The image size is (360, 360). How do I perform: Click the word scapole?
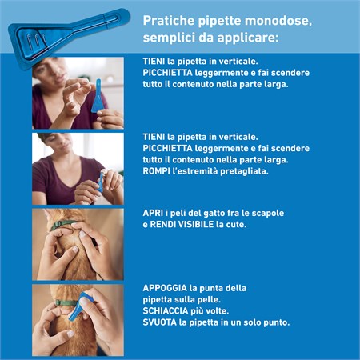268,213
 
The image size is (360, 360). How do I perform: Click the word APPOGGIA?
166,287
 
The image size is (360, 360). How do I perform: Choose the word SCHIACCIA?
166,310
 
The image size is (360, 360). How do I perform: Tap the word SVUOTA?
159,322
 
